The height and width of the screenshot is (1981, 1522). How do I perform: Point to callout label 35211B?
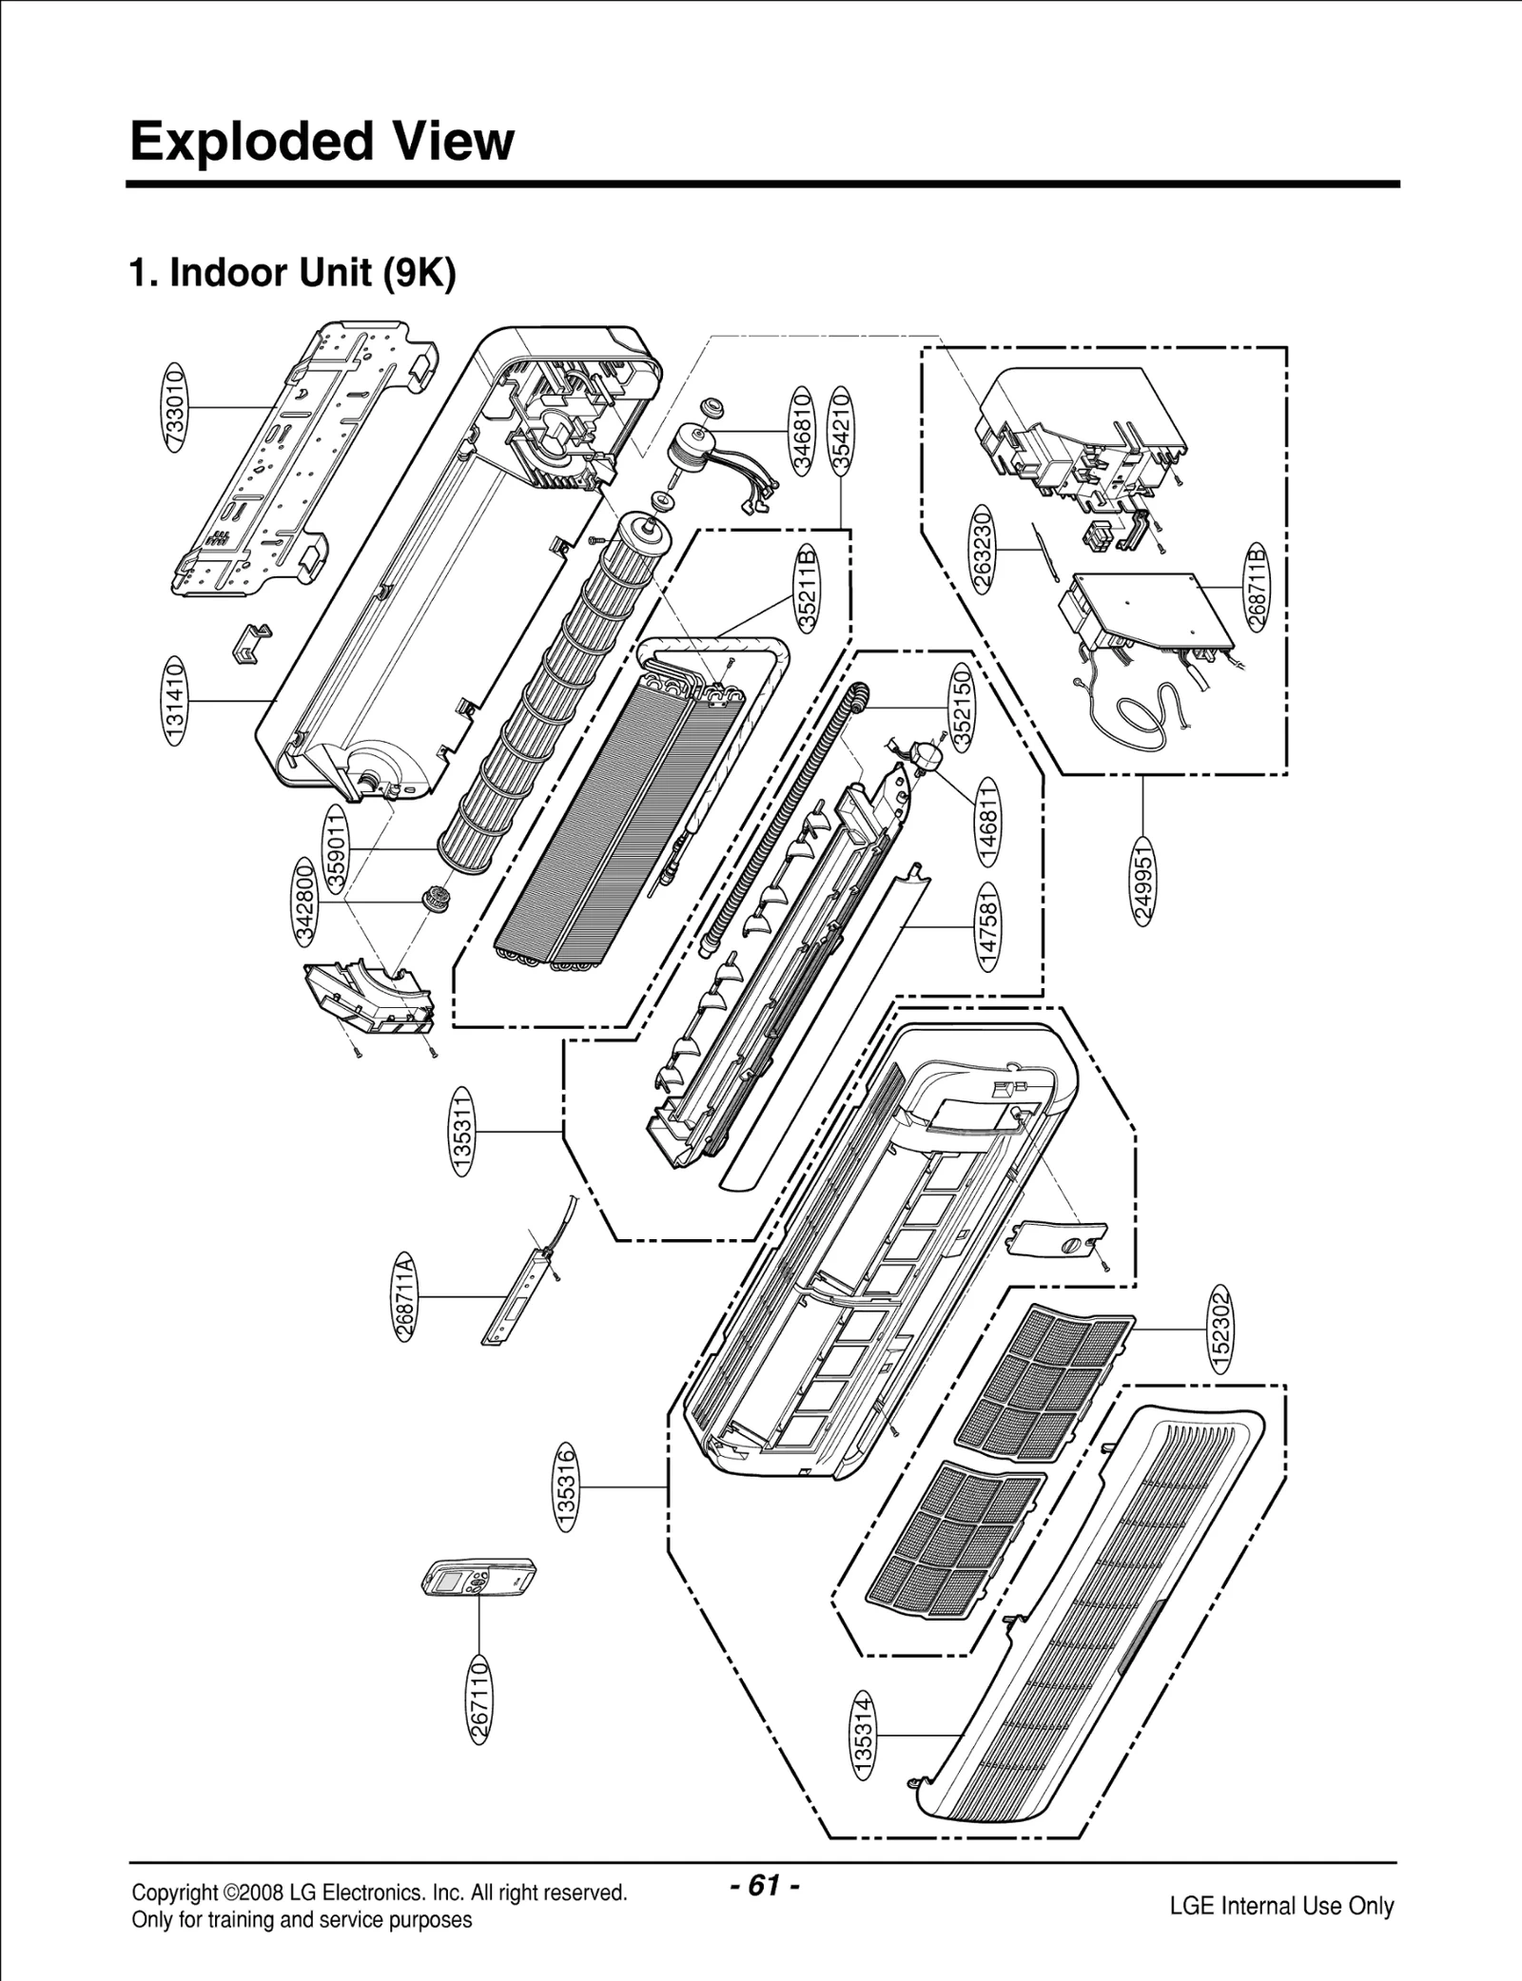click(808, 588)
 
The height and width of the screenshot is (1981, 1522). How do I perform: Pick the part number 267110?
click(481, 1700)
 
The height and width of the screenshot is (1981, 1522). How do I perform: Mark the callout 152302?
click(1221, 1329)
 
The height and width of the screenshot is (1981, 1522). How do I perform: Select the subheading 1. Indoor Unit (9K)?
click(293, 274)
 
